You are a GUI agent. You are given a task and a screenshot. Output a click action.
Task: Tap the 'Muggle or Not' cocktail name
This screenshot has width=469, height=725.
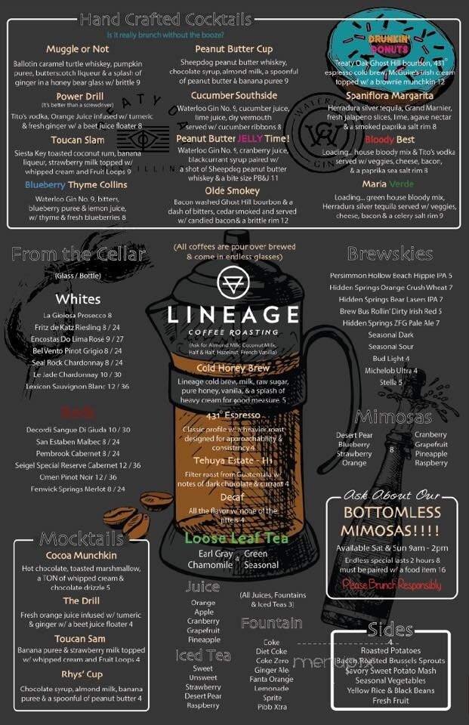(78, 49)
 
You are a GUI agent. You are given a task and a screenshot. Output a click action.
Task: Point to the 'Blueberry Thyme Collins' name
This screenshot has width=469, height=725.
(76, 184)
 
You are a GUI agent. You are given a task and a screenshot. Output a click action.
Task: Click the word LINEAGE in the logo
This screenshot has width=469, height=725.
(233, 313)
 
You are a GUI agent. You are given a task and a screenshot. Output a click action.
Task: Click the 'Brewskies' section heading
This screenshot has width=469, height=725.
(390, 254)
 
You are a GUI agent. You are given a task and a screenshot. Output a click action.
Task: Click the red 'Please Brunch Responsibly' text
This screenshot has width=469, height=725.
(392, 584)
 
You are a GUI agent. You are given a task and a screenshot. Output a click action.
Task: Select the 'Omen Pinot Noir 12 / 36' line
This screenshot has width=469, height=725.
(78, 477)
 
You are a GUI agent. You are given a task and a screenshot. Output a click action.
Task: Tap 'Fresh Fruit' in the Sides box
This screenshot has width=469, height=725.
(390, 701)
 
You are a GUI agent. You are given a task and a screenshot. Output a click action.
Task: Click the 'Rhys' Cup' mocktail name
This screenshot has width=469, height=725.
(82, 674)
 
